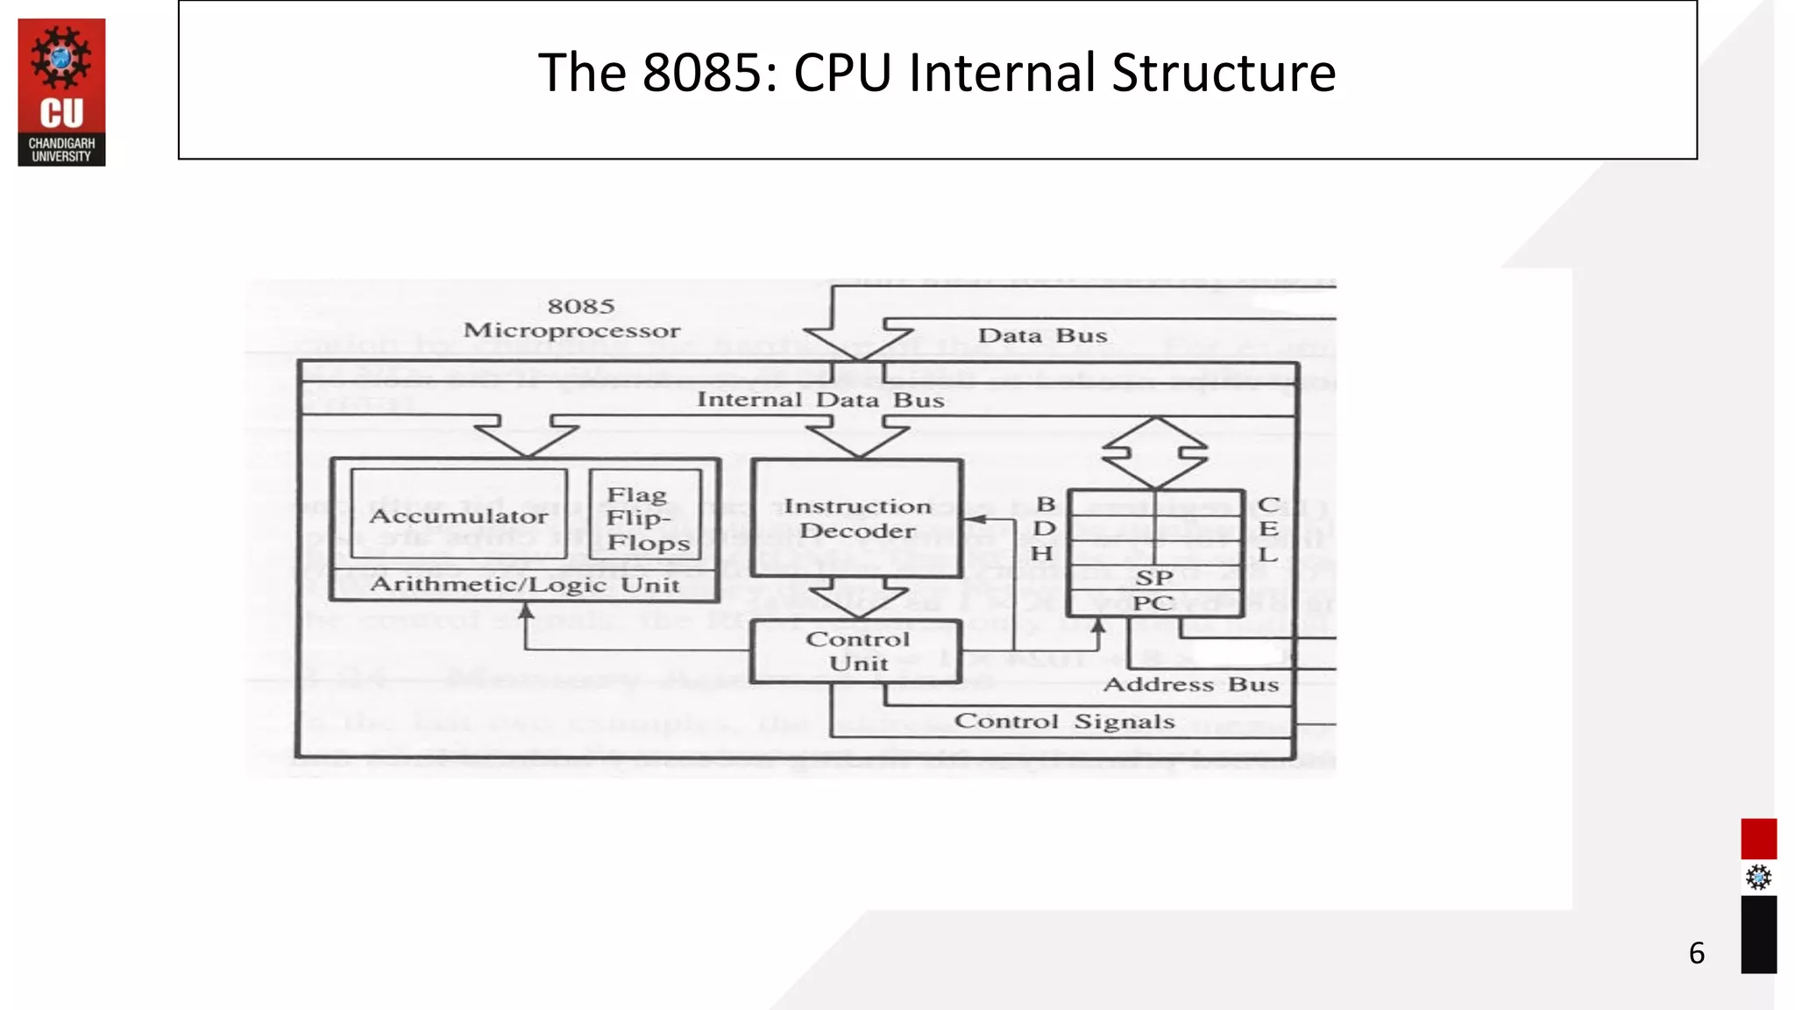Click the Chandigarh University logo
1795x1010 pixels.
click(61, 92)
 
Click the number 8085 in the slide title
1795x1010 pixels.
click(709, 73)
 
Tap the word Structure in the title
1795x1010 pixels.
click(1224, 73)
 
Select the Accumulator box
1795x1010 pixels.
click(458, 516)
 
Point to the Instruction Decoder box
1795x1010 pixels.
click(857, 518)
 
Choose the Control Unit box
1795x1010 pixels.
click(857, 651)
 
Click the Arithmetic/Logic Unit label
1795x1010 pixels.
click(525, 585)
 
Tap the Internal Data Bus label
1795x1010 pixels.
click(820, 400)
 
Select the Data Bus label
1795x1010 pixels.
click(1042, 336)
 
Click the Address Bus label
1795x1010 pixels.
click(1190, 685)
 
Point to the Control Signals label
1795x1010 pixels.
click(1064, 722)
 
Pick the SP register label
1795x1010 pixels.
click(1153, 579)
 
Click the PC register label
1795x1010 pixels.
click(1152, 603)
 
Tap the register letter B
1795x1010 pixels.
click(1046, 504)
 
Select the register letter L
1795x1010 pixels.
click(1267, 554)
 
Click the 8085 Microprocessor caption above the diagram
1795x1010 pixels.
click(572, 318)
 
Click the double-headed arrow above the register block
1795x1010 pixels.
click(1155, 452)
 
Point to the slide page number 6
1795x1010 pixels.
click(1697, 953)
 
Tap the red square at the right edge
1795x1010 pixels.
click(1758, 839)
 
